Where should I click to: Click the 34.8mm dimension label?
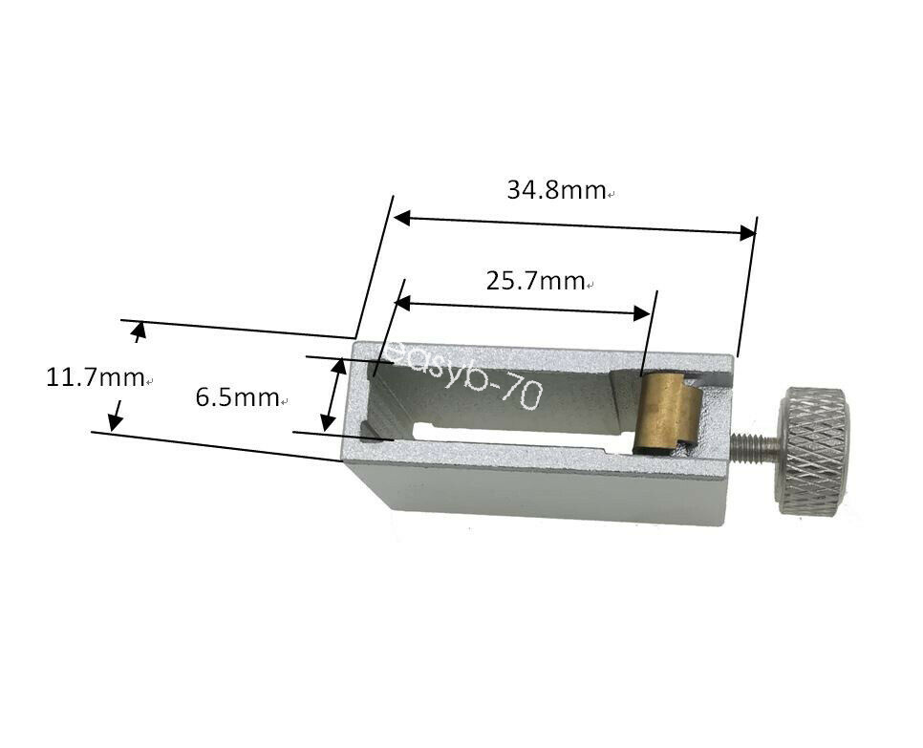click(x=556, y=190)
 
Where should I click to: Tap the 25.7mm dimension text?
click(x=535, y=281)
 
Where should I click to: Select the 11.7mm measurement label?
click(x=95, y=377)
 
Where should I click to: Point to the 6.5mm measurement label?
click(x=237, y=397)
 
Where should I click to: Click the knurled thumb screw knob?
click(x=812, y=450)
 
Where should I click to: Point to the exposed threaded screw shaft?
click(x=755, y=444)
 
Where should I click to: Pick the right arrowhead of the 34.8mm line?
click(x=747, y=231)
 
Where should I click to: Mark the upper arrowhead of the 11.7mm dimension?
click(x=140, y=332)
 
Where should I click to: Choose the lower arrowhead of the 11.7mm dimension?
click(x=116, y=419)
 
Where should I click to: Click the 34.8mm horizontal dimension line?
click(x=573, y=225)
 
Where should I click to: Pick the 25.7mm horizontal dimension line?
click(x=521, y=308)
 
